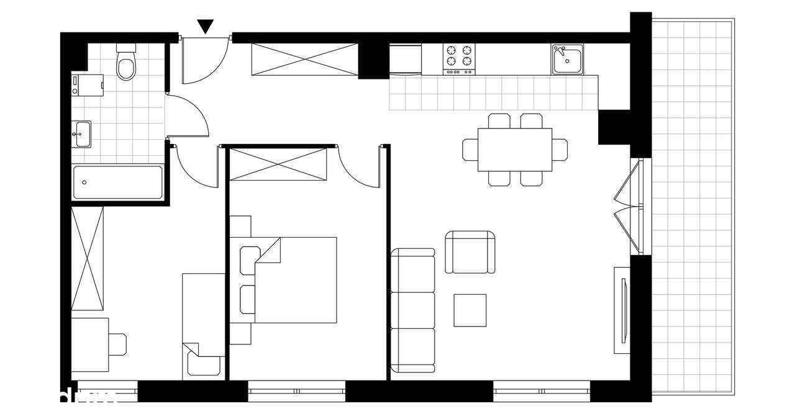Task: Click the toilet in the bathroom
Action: tap(126, 65)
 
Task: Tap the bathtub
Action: tap(117, 182)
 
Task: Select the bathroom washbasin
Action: tap(81, 133)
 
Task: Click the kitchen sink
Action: tap(568, 60)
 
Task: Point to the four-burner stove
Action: tap(458, 57)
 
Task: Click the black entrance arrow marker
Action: tap(206, 26)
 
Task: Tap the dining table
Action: tap(515, 150)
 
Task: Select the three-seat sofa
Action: tap(412, 310)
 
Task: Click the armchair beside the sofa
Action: tap(471, 251)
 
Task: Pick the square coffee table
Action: tap(470, 310)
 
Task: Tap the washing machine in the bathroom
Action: tap(87, 85)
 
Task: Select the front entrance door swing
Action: tap(205, 60)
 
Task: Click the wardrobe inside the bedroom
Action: tap(278, 164)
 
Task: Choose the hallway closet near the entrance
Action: tap(304, 60)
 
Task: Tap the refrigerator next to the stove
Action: tap(406, 58)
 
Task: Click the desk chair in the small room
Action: tap(117, 344)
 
